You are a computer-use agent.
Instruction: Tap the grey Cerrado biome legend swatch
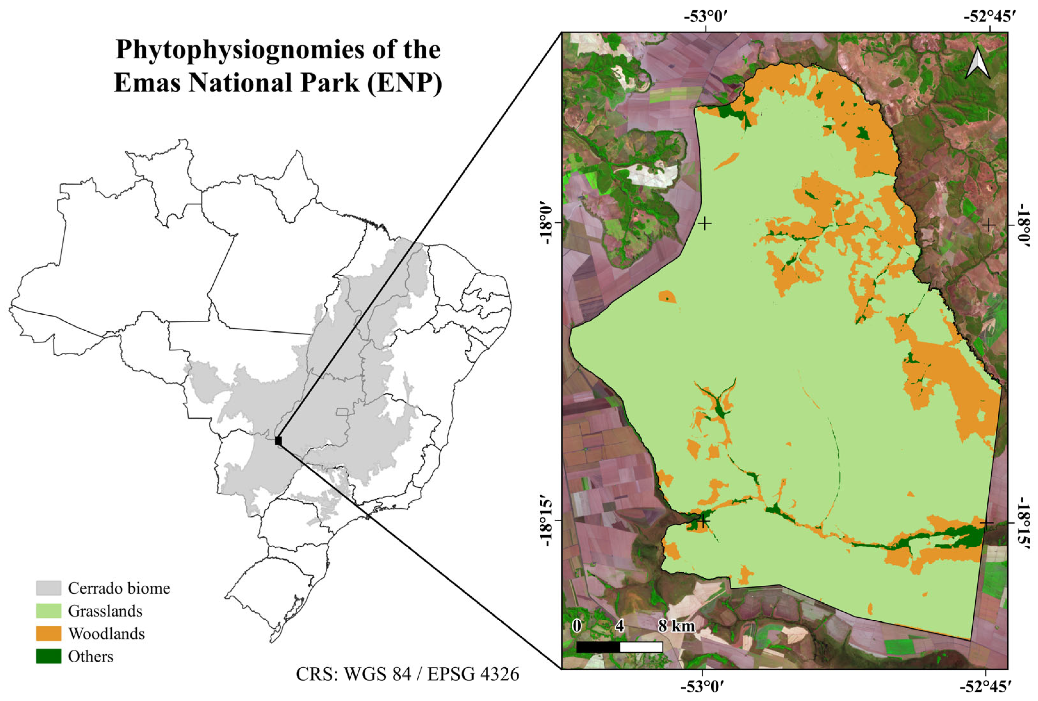tap(49, 588)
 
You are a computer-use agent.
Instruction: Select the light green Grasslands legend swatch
tap(49, 611)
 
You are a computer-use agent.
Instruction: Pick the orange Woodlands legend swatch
tap(49, 633)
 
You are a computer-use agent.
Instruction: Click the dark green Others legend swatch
tap(49, 657)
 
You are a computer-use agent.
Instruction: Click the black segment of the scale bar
tap(598, 647)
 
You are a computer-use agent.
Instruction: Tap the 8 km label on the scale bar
tap(677, 626)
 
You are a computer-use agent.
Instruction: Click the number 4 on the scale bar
tap(619, 626)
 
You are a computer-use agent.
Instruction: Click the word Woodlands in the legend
tap(106, 633)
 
